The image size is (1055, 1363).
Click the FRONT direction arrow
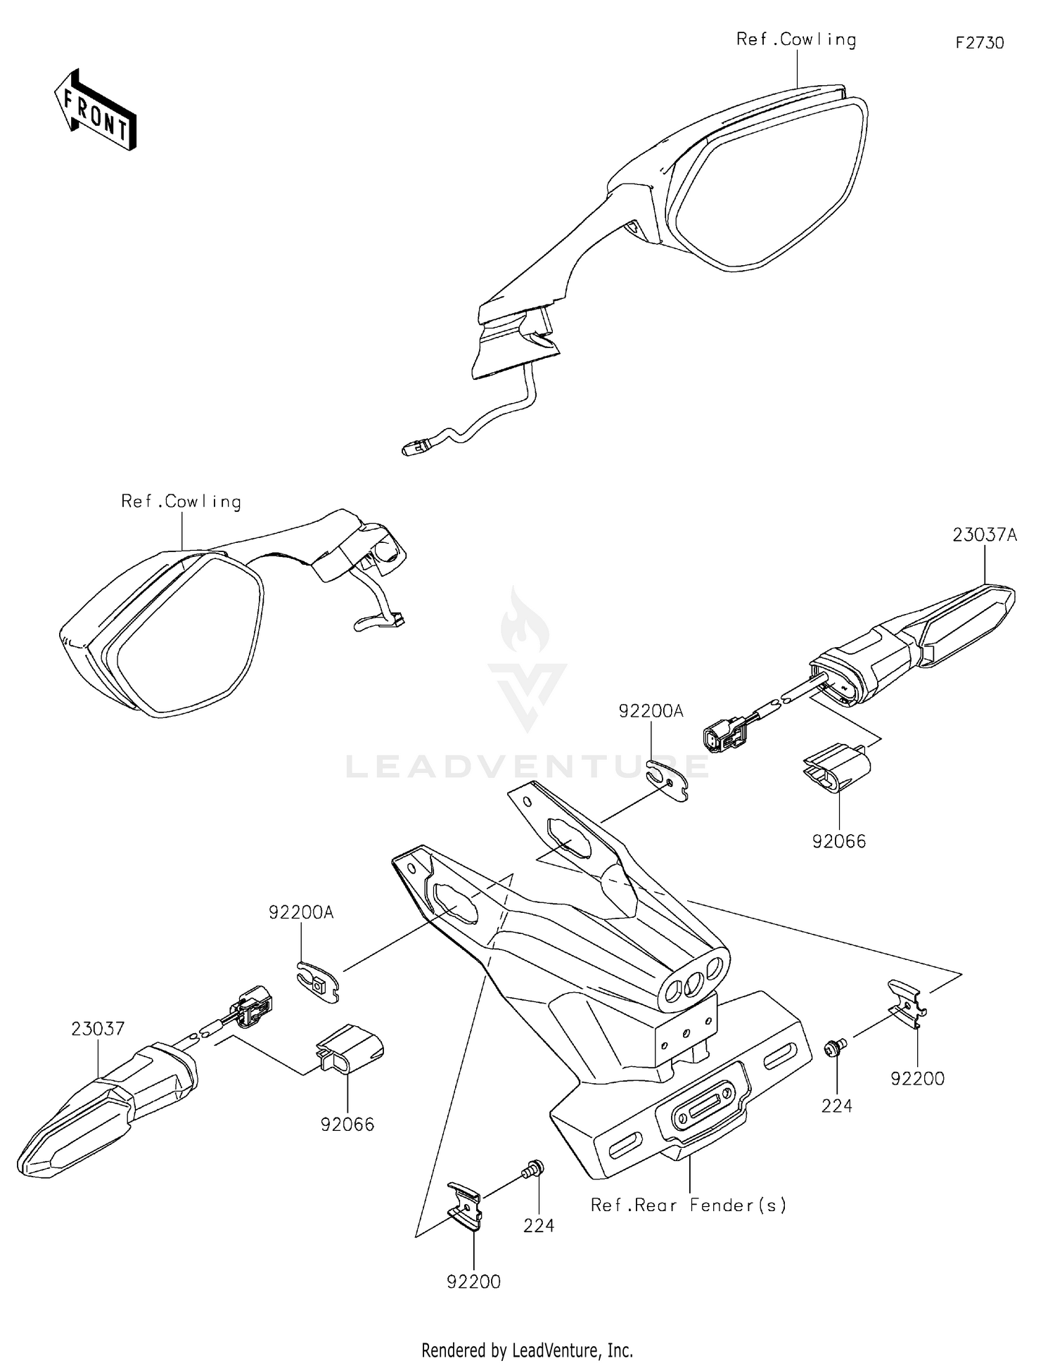pos(96,110)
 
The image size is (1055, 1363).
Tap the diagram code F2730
pos(979,43)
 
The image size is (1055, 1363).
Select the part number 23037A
pos(985,535)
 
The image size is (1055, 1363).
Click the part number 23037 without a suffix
pos(98,1029)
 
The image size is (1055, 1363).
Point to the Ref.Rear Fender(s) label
pos(689,1205)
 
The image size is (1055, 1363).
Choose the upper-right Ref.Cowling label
pos(796,39)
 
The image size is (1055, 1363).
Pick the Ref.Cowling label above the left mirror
pos(181,501)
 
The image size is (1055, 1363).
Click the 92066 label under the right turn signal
pos(839,841)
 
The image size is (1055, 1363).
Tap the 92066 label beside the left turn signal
pos(347,1125)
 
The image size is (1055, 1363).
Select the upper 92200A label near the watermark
pos(651,711)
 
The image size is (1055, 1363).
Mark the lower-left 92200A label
pos(301,913)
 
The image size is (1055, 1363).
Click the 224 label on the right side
pos(836,1106)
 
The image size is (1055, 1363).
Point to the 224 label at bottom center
pos(539,1226)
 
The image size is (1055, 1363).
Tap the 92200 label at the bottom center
pos(473,1282)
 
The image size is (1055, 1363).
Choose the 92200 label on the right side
pos(917,1078)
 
